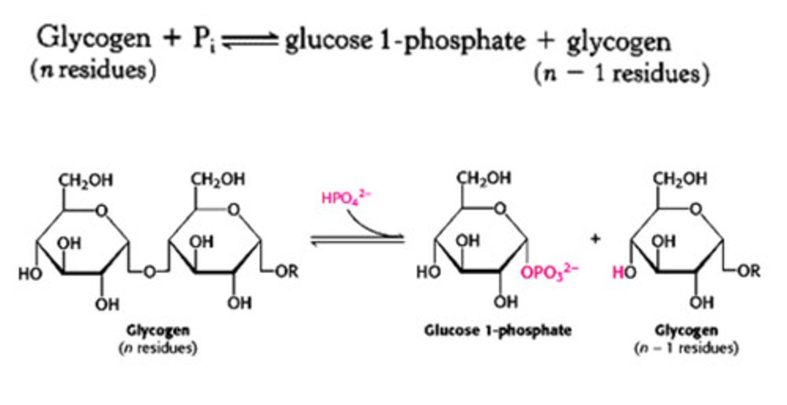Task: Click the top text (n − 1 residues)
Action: tap(621, 73)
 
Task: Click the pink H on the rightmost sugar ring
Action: tap(617, 273)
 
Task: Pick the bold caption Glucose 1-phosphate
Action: tap(498, 331)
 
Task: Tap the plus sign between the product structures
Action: tap(596, 239)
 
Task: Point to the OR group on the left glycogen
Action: tap(286, 271)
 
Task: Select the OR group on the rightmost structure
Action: tap(748, 271)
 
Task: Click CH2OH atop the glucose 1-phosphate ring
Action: tap(484, 179)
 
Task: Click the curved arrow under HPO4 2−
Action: tap(372, 224)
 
